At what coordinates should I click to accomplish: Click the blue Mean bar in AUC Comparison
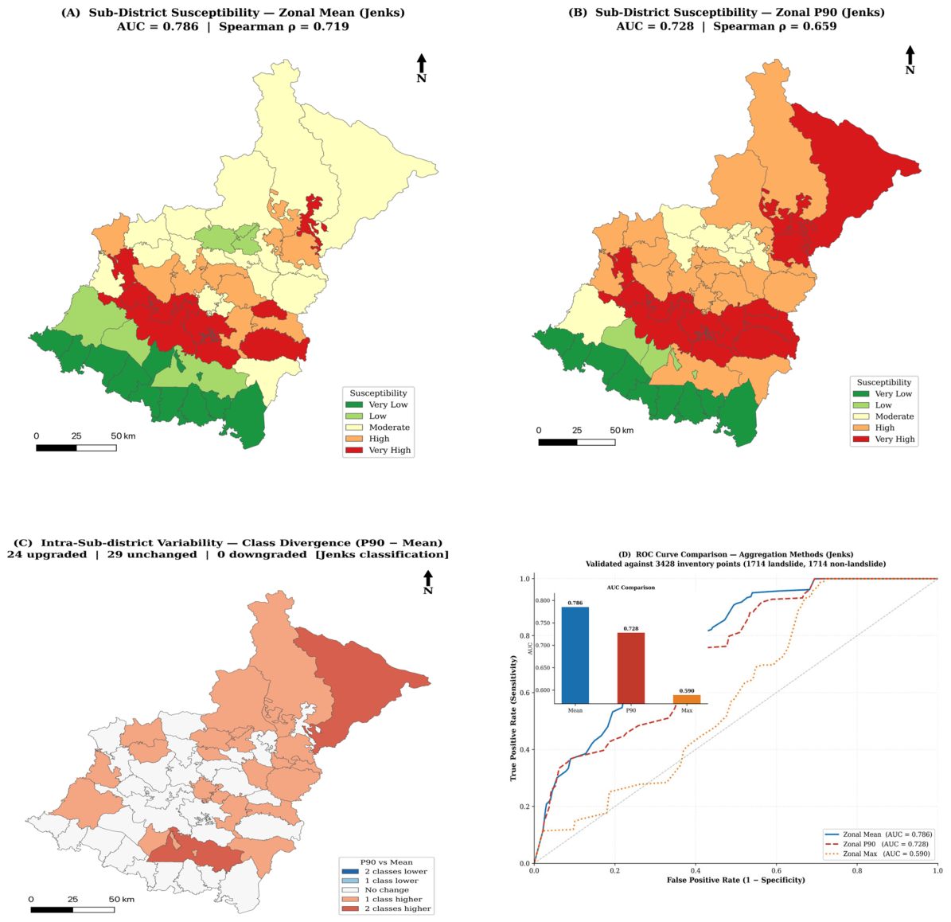point(575,655)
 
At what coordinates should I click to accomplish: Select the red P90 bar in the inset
point(631,668)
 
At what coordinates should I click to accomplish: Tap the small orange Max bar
point(687,699)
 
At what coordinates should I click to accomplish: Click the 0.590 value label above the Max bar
point(687,691)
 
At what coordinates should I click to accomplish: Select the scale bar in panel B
point(577,442)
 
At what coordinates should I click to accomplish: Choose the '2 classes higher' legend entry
point(386,908)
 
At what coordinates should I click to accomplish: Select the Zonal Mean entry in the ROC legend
point(879,834)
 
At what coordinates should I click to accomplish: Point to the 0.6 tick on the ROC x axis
point(777,870)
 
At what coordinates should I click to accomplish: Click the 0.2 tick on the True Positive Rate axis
point(524,807)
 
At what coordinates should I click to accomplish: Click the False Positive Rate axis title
point(735,880)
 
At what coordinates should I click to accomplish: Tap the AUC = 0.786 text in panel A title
point(158,27)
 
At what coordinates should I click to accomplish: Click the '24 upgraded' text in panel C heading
point(47,555)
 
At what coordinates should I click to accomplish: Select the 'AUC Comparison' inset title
point(631,588)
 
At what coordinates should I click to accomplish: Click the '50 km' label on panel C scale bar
point(121,900)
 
